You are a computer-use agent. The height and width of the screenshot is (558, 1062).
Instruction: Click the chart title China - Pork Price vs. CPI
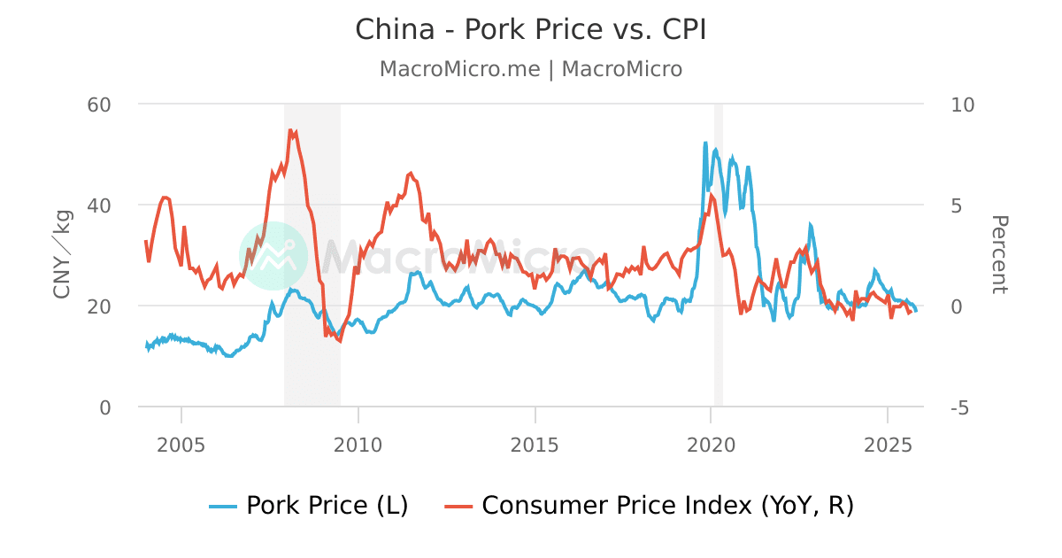(531, 29)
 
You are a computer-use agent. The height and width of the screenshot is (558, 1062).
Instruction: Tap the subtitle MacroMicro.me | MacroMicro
(531, 69)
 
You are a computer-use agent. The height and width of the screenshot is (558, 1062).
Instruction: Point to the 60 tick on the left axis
(99, 105)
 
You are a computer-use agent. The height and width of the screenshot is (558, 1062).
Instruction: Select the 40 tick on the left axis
(99, 205)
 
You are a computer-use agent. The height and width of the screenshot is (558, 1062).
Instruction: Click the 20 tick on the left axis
(99, 306)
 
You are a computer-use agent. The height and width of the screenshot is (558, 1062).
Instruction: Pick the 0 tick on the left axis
(105, 407)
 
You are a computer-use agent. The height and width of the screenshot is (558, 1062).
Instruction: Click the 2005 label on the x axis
(181, 443)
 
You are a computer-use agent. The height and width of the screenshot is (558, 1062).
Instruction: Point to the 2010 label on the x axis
(358, 443)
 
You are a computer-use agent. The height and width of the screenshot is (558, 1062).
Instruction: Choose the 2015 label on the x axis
(535, 443)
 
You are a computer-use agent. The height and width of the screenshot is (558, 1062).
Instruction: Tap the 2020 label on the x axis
(712, 443)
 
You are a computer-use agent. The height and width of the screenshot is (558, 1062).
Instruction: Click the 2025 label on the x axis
(888, 443)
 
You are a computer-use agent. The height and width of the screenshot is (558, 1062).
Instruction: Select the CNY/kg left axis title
(62, 255)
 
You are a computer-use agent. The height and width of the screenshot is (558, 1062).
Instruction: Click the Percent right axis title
(998, 255)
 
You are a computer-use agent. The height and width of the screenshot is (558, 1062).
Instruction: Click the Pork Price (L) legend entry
(309, 506)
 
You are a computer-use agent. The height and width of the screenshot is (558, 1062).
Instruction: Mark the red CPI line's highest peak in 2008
(290, 130)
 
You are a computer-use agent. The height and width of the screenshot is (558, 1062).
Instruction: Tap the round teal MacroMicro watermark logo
(273, 255)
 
